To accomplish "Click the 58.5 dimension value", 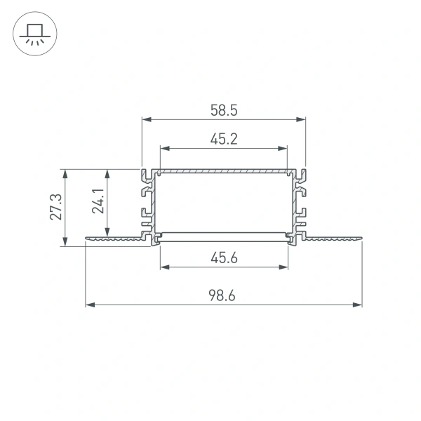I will click(x=224, y=109).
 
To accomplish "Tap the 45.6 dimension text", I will click(x=224, y=258).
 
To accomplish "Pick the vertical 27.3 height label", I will click(x=57, y=207).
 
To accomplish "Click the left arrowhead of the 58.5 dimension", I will click(x=146, y=119).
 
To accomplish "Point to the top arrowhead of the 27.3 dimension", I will click(x=65, y=173).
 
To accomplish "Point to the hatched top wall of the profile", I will click(x=224, y=171).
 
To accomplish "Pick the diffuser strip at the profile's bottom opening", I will click(x=224, y=234).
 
